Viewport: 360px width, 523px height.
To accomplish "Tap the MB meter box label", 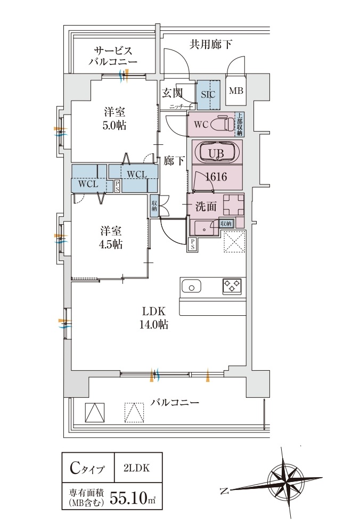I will tap(236, 91).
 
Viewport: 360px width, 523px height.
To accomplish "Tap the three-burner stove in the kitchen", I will tap(232, 286).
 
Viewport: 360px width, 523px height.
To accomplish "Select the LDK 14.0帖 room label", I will tap(154, 317).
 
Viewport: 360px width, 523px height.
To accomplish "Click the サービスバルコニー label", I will tap(113, 56).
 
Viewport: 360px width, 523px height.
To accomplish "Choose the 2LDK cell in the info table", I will tap(136, 469).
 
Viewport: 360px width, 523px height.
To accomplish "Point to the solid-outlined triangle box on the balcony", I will tap(94, 412).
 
